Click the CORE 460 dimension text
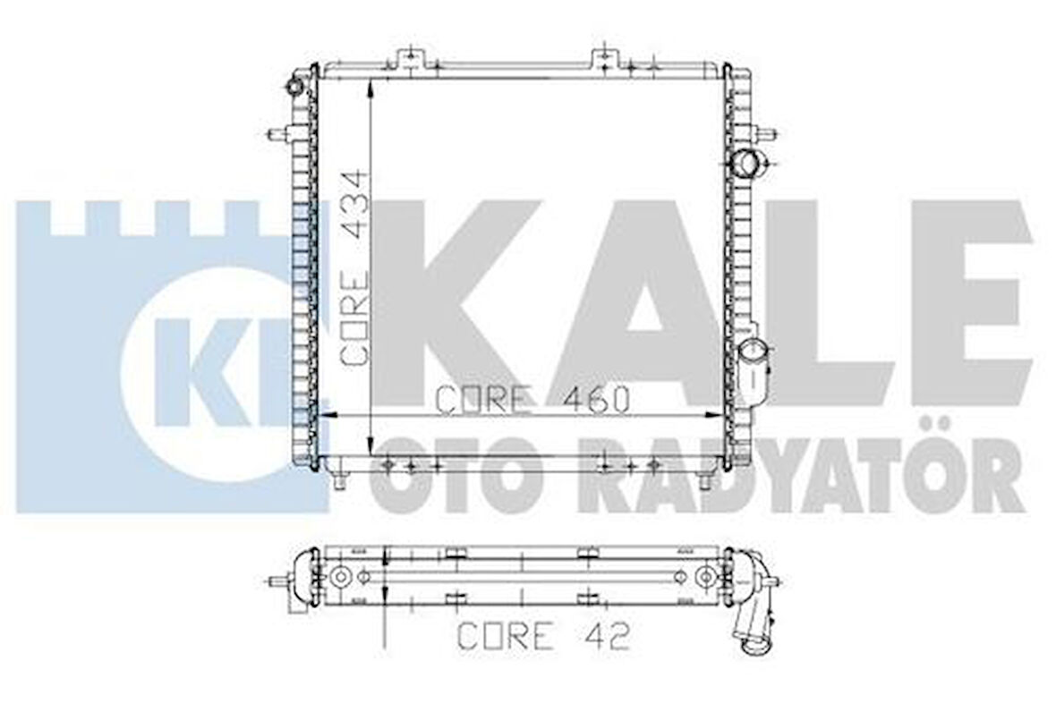[532, 400]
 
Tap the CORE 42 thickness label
[543, 636]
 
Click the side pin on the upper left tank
[277, 135]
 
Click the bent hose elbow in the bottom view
[752, 617]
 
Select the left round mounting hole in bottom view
[339, 578]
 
